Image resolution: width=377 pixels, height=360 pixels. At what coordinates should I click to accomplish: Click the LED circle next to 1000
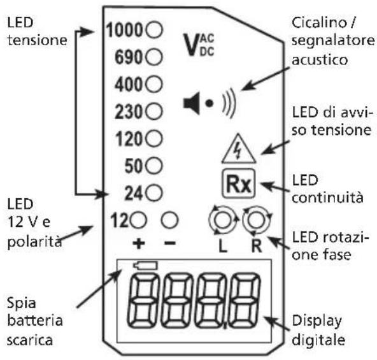154,30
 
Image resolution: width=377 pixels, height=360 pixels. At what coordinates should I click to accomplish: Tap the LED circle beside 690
154,57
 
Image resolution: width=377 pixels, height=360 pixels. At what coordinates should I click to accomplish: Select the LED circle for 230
154,112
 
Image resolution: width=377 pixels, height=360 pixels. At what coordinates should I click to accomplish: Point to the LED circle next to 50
154,166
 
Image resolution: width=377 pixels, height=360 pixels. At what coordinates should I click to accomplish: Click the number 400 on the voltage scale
129,85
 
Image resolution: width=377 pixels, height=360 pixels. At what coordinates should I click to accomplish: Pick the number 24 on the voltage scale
134,193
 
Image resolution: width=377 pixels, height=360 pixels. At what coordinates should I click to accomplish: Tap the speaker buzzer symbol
210,103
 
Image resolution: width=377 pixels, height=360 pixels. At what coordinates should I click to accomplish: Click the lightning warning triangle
239,148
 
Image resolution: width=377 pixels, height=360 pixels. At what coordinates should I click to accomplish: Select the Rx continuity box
238,184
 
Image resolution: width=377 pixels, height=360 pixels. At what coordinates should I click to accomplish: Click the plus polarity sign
139,243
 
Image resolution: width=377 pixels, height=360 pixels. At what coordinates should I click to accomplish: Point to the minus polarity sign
170,243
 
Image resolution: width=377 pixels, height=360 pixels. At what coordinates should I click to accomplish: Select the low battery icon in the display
145,266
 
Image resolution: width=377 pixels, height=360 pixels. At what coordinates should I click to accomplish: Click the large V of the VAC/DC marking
191,45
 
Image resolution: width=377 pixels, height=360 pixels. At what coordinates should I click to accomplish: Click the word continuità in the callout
327,198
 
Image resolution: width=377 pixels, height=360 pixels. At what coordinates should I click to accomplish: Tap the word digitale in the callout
318,340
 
